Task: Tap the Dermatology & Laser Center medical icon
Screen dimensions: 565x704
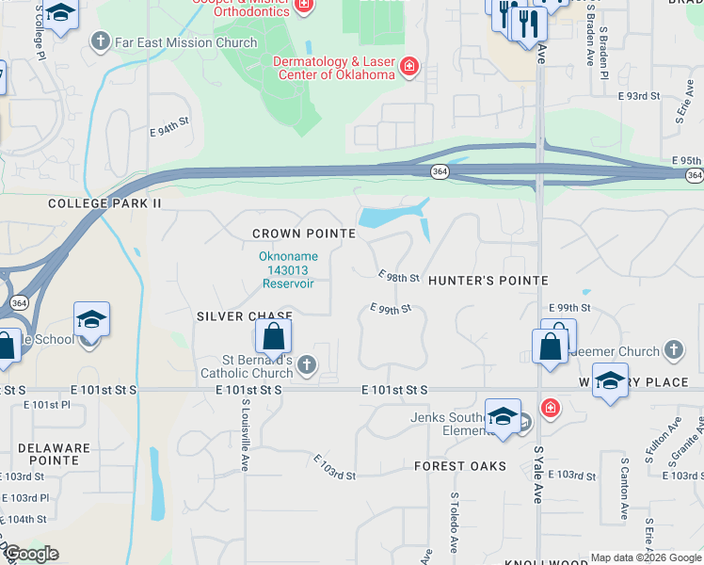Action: pyautogui.click(x=409, y=66)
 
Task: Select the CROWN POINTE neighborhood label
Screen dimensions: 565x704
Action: pyautogui.click(x=304, y=234)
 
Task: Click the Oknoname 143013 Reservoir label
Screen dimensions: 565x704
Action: pyautogui.click(x=289, y=269)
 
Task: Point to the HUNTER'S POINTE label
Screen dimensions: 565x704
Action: pyautogui.click(x=488, y=281)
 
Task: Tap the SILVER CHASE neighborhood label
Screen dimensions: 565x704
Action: pyautogui.click(x=245, y=316)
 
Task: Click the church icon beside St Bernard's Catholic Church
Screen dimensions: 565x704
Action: pyautogui.click(x=306, y=363)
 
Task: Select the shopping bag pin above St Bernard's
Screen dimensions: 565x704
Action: pyautogui.click(x=272, y=337)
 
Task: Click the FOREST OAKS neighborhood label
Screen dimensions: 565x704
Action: pyautogui.click(x=460, y=466)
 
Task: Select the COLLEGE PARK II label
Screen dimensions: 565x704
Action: pyautogui.click(x=106, y=203)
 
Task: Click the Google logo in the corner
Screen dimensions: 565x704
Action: pyautogui.click(x=31, y=554)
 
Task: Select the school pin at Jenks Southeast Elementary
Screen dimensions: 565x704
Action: pyautogui.click(x=503, y=415)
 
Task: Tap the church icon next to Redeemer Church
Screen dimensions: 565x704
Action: pyautogui.click(x=672, y=351)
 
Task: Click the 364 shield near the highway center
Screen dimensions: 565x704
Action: pyautogui.click(x=440, y=171)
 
